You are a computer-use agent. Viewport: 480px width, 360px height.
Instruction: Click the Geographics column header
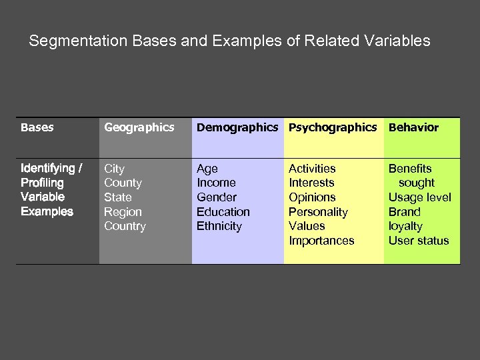pos(139,127)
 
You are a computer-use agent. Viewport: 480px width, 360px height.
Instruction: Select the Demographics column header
pos(237,127)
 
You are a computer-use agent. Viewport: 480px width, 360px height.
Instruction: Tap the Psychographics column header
pos(332,127)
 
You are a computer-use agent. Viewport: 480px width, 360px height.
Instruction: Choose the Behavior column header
pos(413,127)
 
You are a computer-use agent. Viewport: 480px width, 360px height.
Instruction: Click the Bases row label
pos(37,127)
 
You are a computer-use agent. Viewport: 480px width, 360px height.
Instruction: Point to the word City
pos(114,169)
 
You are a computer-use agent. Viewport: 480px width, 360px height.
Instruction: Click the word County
pos(123,183)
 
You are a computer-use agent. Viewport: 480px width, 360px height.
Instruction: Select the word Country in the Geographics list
pos(125,226)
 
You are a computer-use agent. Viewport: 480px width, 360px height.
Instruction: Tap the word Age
pos(207,169)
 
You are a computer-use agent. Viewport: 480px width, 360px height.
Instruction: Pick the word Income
pos(216,183)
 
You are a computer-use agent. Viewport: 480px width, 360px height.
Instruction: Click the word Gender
pos(216,197)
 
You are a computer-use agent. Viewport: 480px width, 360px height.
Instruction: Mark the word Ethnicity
pos(219,226)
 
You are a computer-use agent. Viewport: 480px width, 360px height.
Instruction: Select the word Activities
pos(312,169)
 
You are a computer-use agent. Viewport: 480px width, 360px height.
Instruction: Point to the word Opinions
pos(312,197)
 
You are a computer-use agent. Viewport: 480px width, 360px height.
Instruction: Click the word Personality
pos(318,212)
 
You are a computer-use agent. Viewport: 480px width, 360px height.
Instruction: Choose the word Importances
pos(321,241)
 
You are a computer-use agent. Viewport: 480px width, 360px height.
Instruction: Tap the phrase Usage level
pos(419,197)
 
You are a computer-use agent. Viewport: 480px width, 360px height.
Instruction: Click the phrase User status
pos(419,241)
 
